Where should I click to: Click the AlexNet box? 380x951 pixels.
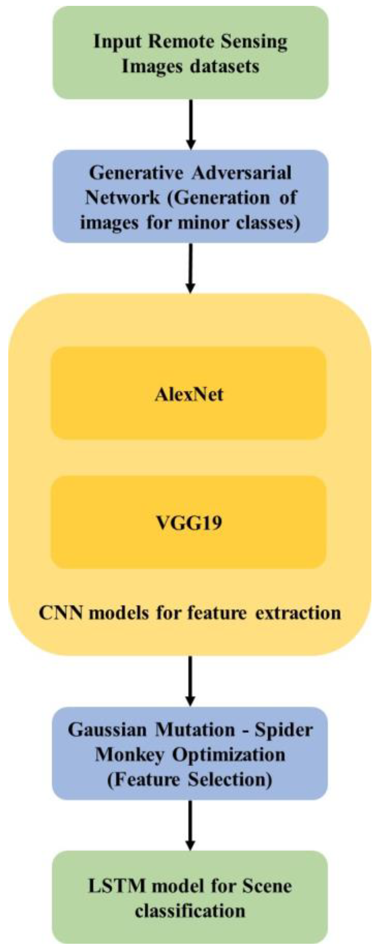189,394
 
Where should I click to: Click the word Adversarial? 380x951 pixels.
241,173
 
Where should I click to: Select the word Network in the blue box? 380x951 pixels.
123,198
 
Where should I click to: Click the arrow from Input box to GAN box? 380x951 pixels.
190,124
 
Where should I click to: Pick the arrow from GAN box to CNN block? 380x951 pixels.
190,268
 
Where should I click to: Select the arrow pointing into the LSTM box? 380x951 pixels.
190,826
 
